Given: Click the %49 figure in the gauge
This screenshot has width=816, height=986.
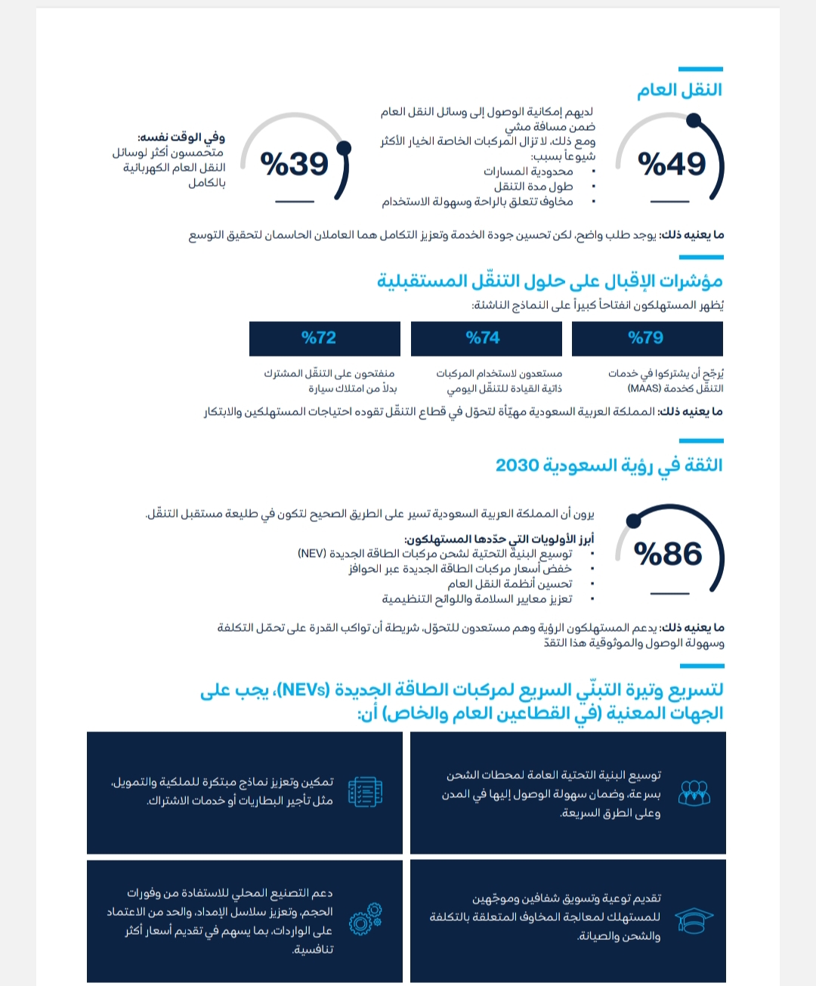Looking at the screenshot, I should [x=671, y=164].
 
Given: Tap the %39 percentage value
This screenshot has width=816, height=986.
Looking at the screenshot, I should [x=294, y=164].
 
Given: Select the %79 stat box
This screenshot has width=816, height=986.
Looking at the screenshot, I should [x=647, y=338].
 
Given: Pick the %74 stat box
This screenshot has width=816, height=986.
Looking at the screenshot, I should [x=485, y=338].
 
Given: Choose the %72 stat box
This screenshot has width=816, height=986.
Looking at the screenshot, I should [x=323, y=338].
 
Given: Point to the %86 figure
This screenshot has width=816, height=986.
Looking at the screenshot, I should [x=668, y=554].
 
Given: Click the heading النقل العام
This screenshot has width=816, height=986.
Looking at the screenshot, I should [x=679, y=90].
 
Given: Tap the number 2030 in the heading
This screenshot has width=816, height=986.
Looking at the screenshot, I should [x=518, y=465].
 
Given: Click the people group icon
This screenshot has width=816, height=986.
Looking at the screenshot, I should [x=694, y=793].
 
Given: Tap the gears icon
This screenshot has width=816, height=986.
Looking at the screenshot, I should [x=366, y=920].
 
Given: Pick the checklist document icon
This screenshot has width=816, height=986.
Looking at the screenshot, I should [x=366, y=792].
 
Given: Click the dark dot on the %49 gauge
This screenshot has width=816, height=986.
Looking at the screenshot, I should [x=694, y=120].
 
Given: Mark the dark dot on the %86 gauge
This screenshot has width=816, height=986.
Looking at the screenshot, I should [x=634, y=520].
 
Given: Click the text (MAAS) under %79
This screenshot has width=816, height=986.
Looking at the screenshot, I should [x=644, y=388].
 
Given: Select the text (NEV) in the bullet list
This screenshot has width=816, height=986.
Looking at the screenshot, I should [x=311, y=554].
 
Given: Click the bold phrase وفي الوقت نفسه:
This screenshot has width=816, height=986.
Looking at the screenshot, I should [x=181, y=138].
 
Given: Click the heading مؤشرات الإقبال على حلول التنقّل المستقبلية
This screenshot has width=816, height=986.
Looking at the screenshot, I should [x=550, y=281].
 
